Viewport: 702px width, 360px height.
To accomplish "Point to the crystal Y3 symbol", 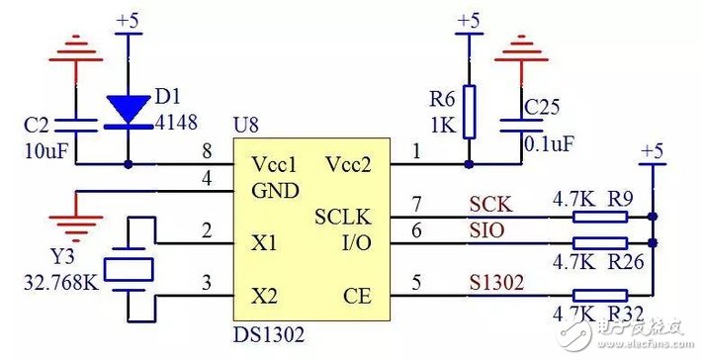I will point(130,268).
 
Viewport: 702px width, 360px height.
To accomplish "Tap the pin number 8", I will point(207,152).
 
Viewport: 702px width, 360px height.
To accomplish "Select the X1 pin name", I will point(262,242).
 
